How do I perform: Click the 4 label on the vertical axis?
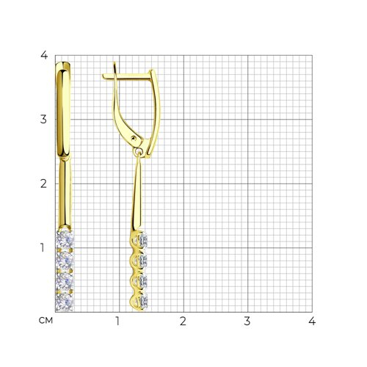click(44, 55)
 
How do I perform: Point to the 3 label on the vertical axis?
click(43, 120)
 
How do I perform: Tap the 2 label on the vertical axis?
click(43, 183)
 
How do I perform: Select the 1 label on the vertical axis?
click(43, 247)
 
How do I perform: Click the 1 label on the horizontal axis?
click(117, 321)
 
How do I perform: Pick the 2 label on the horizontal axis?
click(183, 321)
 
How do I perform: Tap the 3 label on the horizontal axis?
click(247, 321)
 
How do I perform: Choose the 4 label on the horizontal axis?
click(312, 321)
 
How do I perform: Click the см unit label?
click(46, 321)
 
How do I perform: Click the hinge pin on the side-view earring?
click(134, 138)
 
